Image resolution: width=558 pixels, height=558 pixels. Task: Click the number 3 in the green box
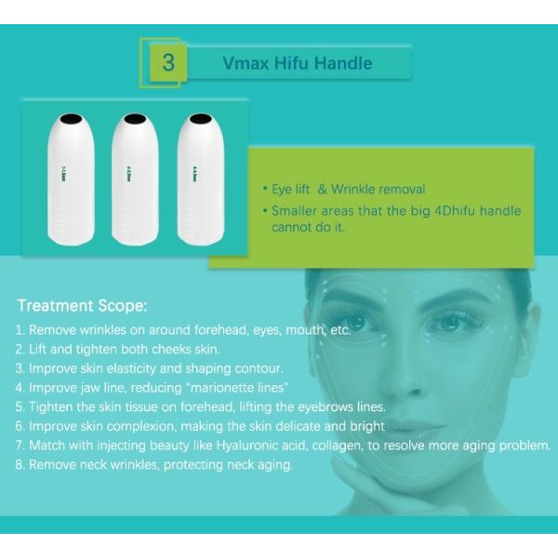coord(169,63)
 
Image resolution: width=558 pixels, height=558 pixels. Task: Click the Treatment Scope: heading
coord(83,305)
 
